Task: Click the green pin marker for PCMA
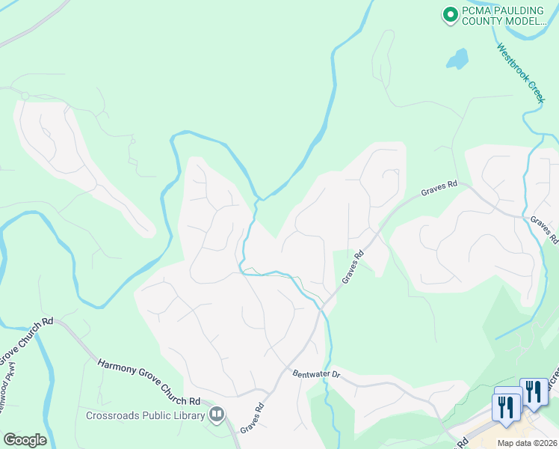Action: click(x=450, y=14)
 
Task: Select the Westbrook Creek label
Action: click(x=521, y=73)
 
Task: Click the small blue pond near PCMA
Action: click(x=457, y=58)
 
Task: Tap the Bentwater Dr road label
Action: click(x=316, y=373)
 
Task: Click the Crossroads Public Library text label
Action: click(x=145, y=416)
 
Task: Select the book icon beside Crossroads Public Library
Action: click(x=217, y=413)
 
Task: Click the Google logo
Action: click(x=25, y=440)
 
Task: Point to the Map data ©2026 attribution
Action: click(x=526, y=443)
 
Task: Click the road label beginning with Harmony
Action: click(x=149, y=382)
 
